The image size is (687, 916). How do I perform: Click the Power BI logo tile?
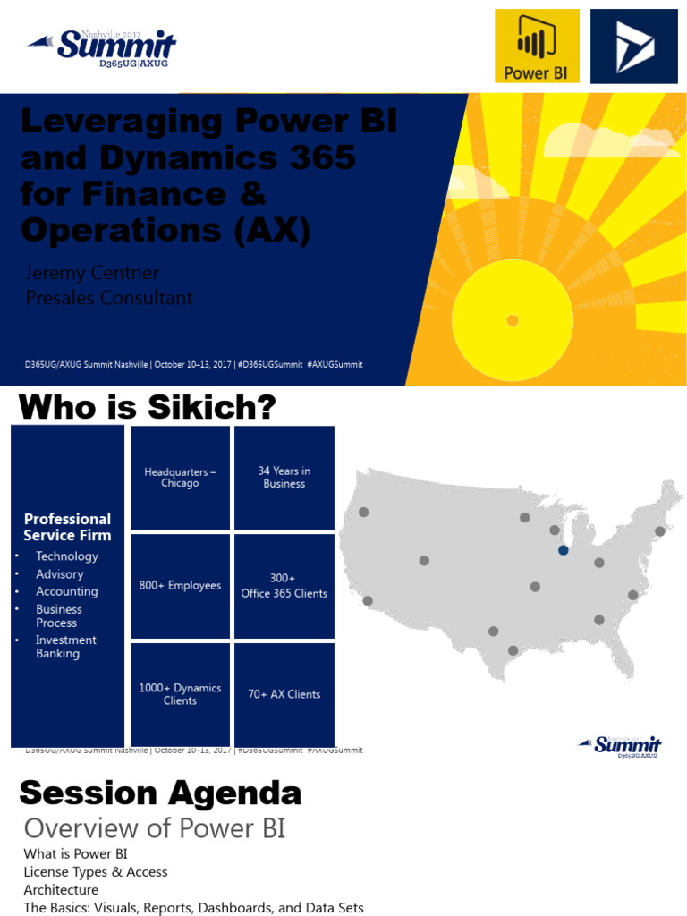point(537,46)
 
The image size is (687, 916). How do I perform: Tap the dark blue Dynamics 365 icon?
point(634,46)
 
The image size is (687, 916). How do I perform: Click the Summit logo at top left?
point(103,47)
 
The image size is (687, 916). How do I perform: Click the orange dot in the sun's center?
point(512,319)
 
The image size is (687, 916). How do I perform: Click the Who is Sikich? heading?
point(148,408)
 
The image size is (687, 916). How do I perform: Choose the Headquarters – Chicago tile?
point(180,478)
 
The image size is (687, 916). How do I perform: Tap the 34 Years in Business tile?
point(284,478)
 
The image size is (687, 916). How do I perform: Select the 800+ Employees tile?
point(180,586)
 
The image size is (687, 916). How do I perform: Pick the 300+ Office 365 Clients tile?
point(284,586)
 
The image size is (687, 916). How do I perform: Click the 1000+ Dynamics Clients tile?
point(180,694)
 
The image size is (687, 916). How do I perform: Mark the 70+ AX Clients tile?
point(284,694)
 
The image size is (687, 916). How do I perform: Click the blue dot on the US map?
point(563,550)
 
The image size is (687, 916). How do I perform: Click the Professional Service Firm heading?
point(67,527)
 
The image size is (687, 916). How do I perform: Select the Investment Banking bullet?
point(65,647)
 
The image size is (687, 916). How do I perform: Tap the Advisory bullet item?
point(59,574)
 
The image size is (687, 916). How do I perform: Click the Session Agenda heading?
point(160,793)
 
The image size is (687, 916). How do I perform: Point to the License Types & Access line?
point(96,871)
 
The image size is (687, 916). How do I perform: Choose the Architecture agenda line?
point(61,890)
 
